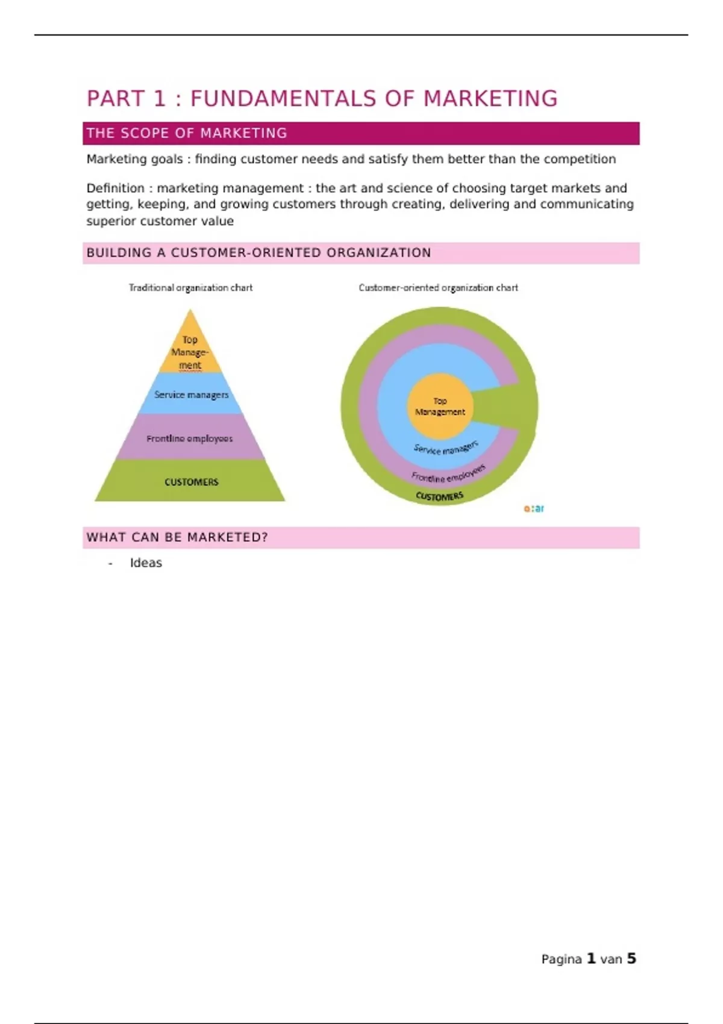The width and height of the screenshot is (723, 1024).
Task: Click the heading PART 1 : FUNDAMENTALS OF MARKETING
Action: tap(322, 99)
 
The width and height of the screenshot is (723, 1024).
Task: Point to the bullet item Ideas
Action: tap(146, 563)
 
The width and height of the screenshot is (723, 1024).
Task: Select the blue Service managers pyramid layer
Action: tap(191, 395)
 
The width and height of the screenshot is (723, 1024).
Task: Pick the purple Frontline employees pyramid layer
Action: tap(189, 439)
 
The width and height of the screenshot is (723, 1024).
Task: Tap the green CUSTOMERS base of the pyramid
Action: tap(191, 482)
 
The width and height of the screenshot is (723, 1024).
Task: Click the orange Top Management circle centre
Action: tap(440, 406)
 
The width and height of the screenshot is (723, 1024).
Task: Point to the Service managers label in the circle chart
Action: tap(446, 448)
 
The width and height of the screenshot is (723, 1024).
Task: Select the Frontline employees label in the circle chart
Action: tap(448, 474)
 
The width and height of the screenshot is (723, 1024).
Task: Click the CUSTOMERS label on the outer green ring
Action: tap(440, 496)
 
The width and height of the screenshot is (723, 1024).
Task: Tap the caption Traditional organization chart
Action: tap(190, 288)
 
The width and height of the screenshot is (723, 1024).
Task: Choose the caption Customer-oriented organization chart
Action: tap(438, 288)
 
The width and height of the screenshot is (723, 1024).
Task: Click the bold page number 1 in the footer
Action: tap(591, 958)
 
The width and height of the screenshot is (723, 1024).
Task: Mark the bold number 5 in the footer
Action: tap(631, 958)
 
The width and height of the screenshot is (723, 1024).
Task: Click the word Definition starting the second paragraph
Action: tap(115, 188)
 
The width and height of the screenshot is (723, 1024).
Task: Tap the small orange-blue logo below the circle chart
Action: tap(534, 508)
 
